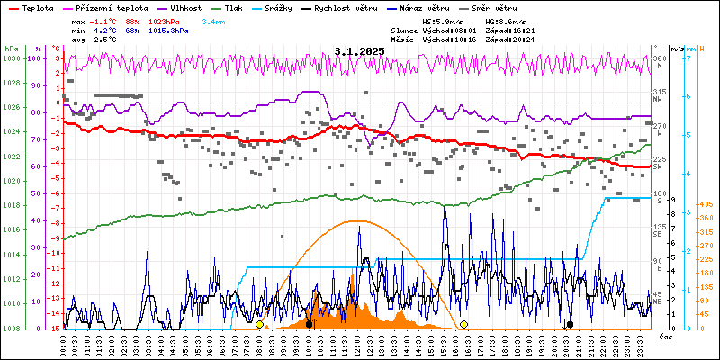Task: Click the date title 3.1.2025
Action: point(359,51)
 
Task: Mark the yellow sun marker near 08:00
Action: point(259,324)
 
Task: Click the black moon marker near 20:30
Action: point(569,324)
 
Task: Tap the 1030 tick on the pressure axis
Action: point(12,58)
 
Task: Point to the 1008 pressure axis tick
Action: point(12,328)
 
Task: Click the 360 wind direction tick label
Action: point(659,58)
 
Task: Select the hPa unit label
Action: point(11,48)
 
